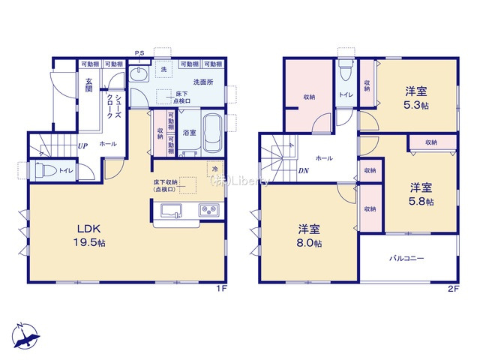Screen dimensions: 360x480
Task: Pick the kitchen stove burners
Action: point(208,211)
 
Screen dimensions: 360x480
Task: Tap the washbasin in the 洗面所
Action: point(140,75)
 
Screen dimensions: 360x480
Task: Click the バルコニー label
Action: point(406,258)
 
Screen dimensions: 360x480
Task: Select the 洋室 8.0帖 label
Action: point(307,235)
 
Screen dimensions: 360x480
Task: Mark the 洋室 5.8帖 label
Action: point(421,193)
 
